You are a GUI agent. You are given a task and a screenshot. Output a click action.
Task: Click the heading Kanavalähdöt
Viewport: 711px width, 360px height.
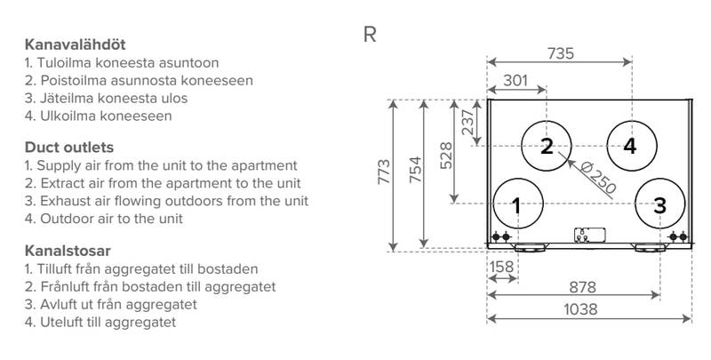point(81,44)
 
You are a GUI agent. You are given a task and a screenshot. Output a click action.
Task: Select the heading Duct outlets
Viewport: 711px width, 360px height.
point(68,147)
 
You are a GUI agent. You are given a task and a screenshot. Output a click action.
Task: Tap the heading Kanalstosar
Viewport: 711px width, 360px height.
point(68,251)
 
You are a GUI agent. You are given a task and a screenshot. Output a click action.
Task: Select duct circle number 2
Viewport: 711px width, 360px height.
point(547,146)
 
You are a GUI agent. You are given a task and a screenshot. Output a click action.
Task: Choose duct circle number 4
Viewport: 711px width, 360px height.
point(630,146)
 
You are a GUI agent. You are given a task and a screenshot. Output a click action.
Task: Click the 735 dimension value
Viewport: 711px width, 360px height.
point(559,53)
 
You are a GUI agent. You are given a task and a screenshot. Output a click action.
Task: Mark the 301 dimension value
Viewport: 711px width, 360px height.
point(515,81)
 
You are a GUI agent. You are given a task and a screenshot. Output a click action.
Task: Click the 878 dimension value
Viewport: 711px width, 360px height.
point(587,288)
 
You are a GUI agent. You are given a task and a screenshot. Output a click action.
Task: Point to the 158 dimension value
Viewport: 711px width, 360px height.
point(501,265)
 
